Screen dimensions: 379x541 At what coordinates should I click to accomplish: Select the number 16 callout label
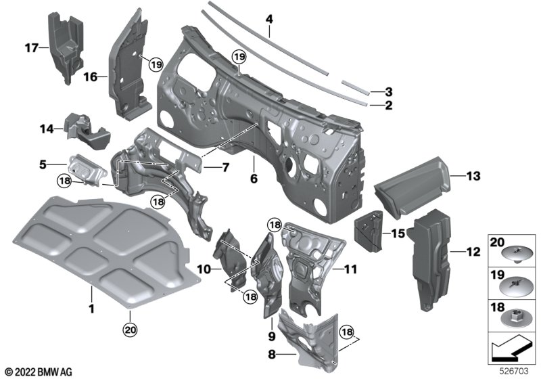pos(91,78)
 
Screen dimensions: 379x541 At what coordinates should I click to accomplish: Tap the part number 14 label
pos(46,127)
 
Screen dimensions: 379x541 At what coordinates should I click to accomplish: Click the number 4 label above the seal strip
pos(269,20)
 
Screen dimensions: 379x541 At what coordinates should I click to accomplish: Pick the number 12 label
pos(472,252)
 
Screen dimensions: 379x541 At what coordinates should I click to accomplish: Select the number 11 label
pos(350,269)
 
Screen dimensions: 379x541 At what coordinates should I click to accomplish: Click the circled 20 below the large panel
pos(128,330)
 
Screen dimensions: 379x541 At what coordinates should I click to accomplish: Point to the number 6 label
pos(254,179)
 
